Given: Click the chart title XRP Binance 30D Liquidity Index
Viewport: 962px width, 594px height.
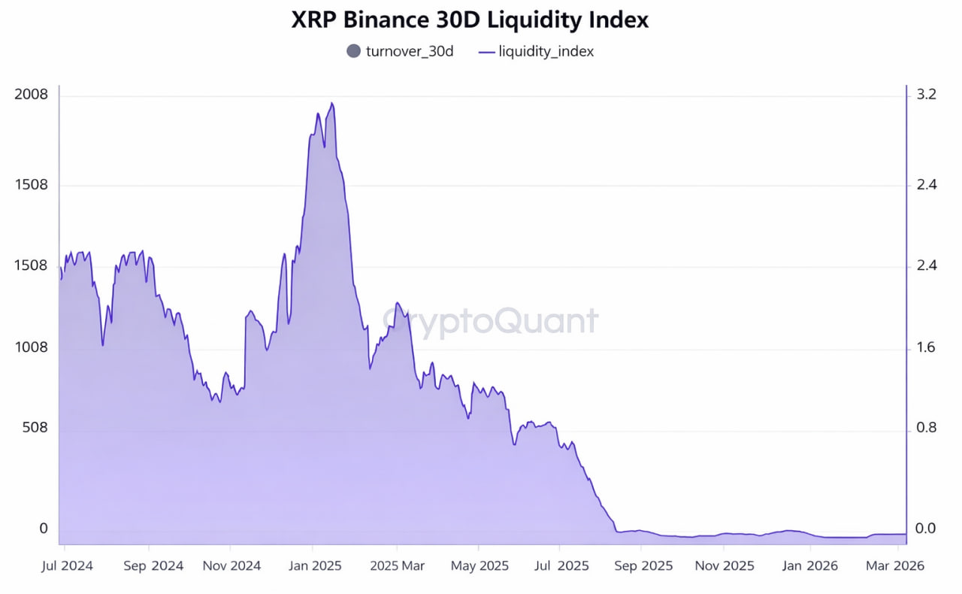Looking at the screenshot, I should tap(470, 20).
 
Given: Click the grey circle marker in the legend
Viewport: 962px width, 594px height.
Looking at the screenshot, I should tap(353, 51).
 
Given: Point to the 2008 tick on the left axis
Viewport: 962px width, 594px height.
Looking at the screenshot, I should tap(31, 95).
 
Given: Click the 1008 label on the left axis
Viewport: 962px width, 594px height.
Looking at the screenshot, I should tap(31, 347).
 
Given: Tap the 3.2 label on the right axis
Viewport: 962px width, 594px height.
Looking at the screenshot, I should tap(926, 95).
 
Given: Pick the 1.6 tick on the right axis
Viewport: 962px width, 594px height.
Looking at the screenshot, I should tap(926, 347).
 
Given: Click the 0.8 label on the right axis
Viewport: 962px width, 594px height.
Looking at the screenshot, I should tap(926, 428).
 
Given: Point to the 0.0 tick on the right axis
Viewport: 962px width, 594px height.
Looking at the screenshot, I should tap(926, 529).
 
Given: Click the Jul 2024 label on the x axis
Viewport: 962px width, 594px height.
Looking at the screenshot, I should tap(67, 565).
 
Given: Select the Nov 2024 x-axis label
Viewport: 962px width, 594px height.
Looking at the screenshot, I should tap(231, 565).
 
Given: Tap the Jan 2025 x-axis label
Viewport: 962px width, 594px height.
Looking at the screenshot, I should tap(316, 565).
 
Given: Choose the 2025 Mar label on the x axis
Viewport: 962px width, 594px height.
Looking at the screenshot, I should tap(398, 565).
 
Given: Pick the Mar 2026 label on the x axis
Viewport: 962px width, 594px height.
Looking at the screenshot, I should tap(894, 565).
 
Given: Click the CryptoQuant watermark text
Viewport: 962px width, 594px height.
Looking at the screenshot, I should tap(490, 321).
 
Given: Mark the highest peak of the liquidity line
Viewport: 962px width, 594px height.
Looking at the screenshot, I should tap(331, 104).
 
